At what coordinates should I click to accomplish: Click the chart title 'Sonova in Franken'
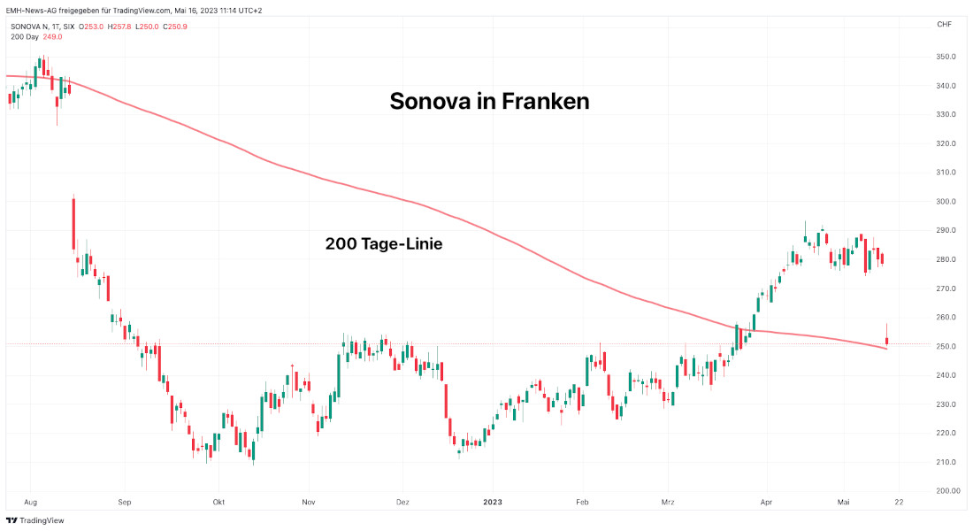click(x=489, y=102)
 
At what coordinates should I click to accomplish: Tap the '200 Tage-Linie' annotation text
click(x=384, y=244)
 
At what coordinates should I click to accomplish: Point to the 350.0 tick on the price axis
click(x=946, y=57)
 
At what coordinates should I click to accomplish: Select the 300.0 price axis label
click(x=946, y=202)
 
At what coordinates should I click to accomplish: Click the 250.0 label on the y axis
click(x=946, y=346)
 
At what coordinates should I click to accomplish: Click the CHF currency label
click(x=944, y=24)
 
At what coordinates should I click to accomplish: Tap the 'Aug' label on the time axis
click(x=31, y=502)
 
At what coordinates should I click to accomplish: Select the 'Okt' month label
click(x=218, y=502)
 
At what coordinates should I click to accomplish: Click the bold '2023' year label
click(x=493, y=502)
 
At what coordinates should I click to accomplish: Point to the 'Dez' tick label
click(x=402, y=502)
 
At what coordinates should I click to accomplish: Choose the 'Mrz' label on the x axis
click(x=668, y=502)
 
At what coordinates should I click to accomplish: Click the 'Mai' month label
click(x=843, y=502)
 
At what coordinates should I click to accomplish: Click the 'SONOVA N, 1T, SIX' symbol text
click(x=42, y=27)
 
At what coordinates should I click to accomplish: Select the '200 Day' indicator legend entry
click(x=25, y=36)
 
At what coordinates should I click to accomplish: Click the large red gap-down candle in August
click(x=73, y=225)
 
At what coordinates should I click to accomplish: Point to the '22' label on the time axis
click(x=900, y=502)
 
